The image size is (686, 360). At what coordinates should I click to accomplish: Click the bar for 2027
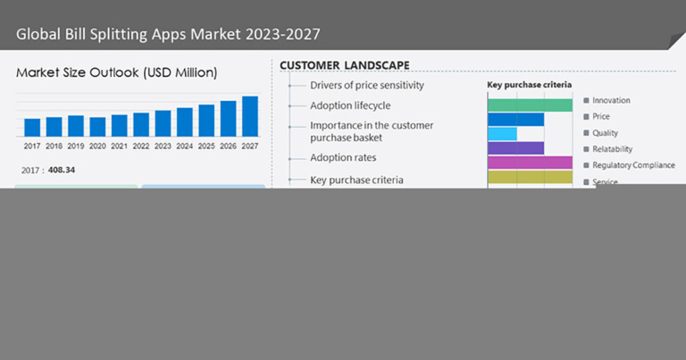pos(250,116)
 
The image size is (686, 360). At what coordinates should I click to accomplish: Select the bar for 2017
pos(32,127)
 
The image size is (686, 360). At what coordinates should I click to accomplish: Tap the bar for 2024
pos(185,121)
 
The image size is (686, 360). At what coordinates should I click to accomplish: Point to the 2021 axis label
pos(119,146)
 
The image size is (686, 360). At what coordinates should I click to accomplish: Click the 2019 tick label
pos(76,146)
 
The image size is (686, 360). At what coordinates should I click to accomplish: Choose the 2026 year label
pos(228,146)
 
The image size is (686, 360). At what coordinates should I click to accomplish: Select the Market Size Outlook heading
pos(116,72)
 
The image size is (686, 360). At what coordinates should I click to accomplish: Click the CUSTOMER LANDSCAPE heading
pos(344,65)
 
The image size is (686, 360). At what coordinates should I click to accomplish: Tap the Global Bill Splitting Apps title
pos(168,35)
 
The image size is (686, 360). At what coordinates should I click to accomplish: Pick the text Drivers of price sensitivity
pos(366,86)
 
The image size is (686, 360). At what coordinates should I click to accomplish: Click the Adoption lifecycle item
pos(350,105)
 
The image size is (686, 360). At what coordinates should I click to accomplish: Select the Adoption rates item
pos(344,158)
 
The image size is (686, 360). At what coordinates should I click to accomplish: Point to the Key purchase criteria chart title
pos(529,86)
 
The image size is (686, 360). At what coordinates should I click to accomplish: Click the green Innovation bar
pos(530,105)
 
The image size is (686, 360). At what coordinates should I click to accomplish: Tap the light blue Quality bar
pos(502,134)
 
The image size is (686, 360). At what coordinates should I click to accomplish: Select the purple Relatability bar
pos(515,148)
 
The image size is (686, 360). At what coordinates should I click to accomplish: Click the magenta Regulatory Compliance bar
pos(530,163)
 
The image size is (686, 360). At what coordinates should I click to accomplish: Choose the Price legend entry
pos(601,117)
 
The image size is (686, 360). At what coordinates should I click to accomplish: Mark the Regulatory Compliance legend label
pos(633,165)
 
